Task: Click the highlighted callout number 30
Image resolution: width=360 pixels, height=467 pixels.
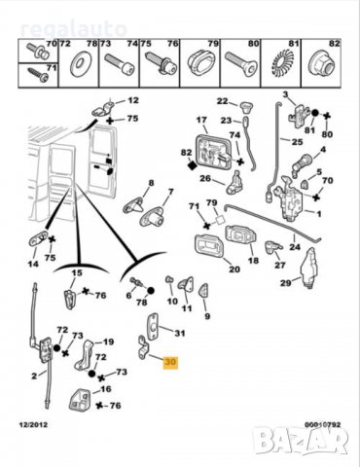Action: pyautogui.click(x=171, y=362)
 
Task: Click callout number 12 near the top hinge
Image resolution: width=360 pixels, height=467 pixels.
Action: pyautogui.click(x=133, y=100)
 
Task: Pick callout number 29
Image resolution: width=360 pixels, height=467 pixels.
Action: pyautogui.click(x=286, y=283)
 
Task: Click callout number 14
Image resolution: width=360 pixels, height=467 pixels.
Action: pyautogui.click(x=33, y=262)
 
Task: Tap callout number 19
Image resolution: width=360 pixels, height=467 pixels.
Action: pyautogui.click(x=109, y=341)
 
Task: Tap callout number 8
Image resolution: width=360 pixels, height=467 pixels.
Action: pyautogui.click(x=150, y=183)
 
